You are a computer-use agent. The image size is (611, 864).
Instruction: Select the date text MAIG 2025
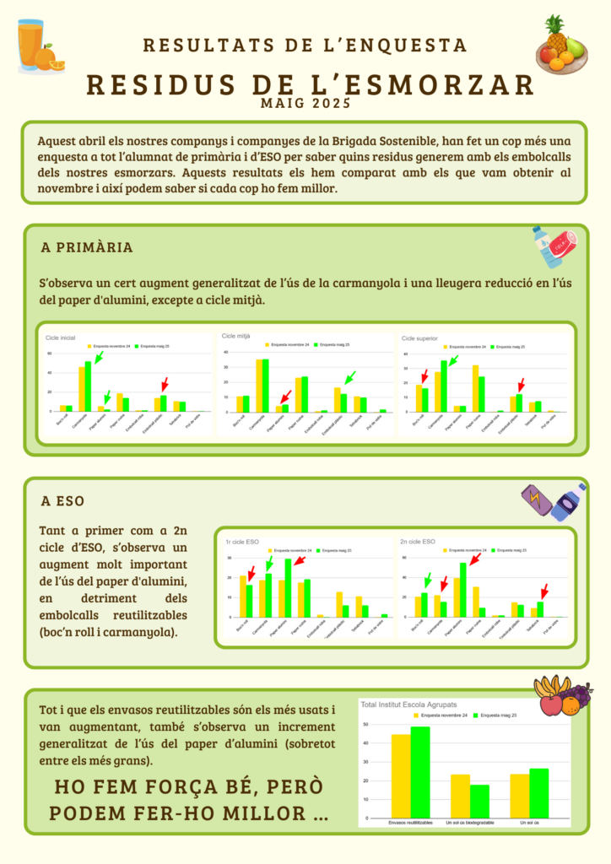pos(305,105)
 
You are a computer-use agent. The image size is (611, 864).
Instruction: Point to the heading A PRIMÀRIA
pos(87,247)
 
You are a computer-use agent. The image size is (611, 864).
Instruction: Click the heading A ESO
pos(62,500)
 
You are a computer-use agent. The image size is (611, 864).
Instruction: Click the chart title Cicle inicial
pos(60,337)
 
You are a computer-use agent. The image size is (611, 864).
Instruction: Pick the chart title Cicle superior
pos(419,337)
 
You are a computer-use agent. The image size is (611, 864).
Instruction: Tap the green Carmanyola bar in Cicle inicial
pos(88,386)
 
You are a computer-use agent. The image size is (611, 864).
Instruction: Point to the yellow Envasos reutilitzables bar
pos(400,775)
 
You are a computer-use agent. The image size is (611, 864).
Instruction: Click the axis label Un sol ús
pos(529,822)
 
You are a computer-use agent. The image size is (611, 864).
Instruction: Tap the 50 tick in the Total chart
pos(365,725)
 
